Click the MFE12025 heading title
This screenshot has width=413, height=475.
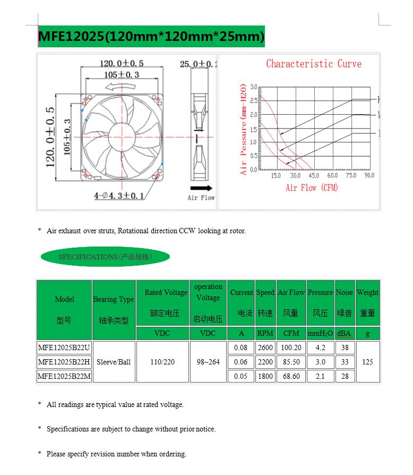click(x=151, y=36)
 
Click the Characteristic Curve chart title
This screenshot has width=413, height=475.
click(x=313, y=64)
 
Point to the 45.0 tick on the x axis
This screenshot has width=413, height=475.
click(x=314, y=175)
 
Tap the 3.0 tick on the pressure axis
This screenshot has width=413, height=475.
click(x=253, y=87)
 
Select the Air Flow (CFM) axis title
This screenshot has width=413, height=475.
click(x=312, y=188)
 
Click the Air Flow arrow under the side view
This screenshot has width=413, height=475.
click(x=201, y=188)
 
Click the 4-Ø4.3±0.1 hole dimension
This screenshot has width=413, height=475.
click(x=119, y=196)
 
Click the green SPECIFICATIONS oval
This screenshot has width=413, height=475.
click(x=105, y=257)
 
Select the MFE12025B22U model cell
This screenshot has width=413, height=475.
click(x=64, y=348)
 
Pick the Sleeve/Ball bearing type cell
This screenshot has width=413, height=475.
click(x=114, y=362)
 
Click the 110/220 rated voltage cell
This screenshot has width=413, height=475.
click(x=162, y=362)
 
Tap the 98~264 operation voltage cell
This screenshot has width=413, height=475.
click(x=208, y=362)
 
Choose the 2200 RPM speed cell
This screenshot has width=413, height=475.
click(x=265, y=362)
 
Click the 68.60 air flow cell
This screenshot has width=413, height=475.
click(x=291, y=376)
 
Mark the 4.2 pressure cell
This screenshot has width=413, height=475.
click(x=320, y=348)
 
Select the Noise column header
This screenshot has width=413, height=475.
click(x=345, y=303)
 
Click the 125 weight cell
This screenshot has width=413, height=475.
click(x=367, y=362)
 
